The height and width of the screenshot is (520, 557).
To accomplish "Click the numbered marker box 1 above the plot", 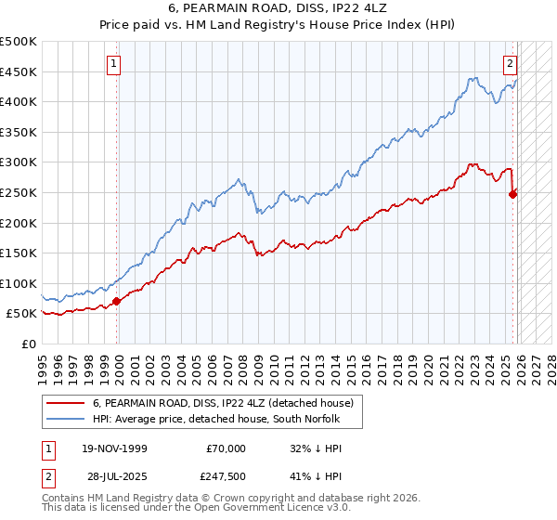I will [113, 64].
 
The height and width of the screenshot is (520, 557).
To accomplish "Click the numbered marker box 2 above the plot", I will [510, 64].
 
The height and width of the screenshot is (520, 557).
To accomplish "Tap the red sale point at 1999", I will [117, 301].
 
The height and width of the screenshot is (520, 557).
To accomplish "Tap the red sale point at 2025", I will [513, 194].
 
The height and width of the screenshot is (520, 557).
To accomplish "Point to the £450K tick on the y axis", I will [19, 71].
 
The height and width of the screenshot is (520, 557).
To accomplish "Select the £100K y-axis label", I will [19, 283].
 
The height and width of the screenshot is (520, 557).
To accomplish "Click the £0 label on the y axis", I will [28, 344].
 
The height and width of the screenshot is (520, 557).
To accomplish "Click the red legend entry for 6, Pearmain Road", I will [223, 404].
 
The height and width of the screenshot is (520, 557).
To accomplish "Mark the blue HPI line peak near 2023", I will [473, 78].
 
